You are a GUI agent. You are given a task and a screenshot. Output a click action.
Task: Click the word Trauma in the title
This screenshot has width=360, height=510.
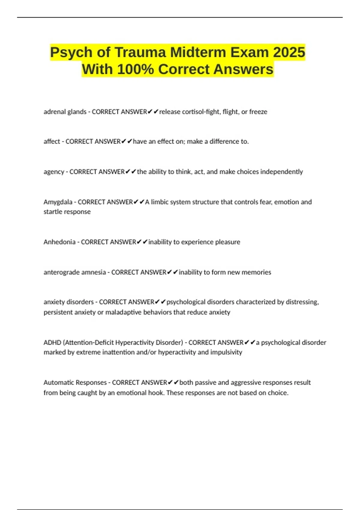[140, 52]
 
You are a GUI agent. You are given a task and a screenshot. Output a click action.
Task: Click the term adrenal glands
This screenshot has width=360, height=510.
[65, 112]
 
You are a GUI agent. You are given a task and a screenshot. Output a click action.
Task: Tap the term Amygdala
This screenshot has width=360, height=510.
[58, 202]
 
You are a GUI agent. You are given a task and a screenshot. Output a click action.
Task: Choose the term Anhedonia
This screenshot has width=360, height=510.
[59, 242]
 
